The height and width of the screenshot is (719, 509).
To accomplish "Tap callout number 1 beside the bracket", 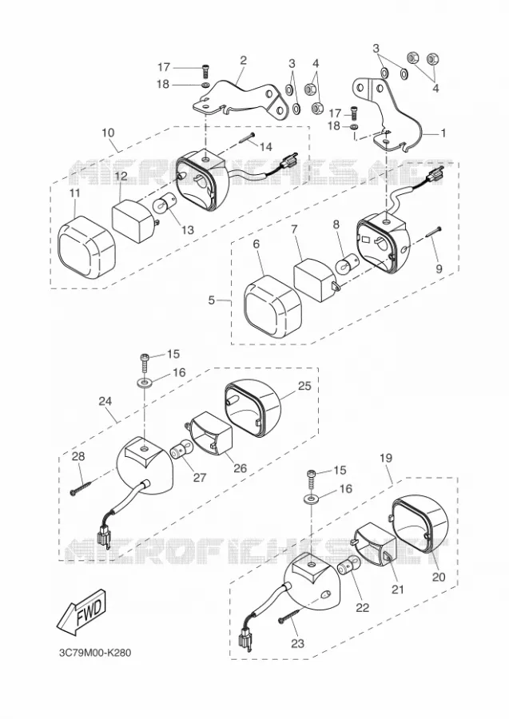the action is tap(443, 133).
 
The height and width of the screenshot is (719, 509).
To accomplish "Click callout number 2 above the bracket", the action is tap(243, 60).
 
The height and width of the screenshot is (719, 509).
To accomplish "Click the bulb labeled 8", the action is tap(345, 266).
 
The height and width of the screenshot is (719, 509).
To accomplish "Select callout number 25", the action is tap(304, 386).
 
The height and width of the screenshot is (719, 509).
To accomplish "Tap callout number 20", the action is tap(439, 576).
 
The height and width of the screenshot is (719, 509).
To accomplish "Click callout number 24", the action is tap(105, 401).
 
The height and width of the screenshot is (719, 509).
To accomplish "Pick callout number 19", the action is tap(386, 458).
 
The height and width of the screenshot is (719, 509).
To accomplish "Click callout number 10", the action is tap(108, 133).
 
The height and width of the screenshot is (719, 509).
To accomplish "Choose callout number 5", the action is tap(212, 300).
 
